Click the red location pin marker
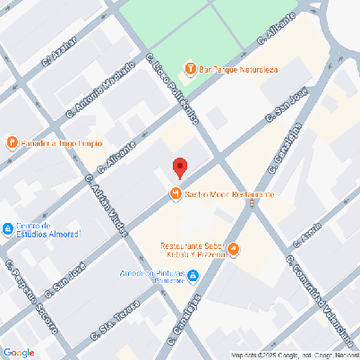(179, 167)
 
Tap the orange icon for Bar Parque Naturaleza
(190, 68)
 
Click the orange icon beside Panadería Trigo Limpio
(12, 142)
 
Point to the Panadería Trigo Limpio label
(61, 142)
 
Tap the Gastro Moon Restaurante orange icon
(176, 194)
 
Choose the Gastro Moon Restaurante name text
(228, 194)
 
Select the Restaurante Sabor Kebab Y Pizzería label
(192, 250)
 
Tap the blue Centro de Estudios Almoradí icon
(8, 228)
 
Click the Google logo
(19, 352)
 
